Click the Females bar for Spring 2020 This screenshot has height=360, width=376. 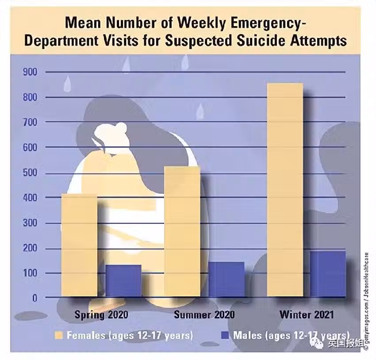point(79,245)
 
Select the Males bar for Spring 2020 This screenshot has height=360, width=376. point(123,281)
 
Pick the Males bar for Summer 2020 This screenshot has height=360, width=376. point(226,280)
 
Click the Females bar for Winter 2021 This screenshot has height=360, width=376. point(284,190)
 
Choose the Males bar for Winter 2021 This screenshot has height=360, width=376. point(328,274)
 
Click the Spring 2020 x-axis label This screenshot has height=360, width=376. point(101,315)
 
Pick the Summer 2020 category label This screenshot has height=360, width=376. point(204,315)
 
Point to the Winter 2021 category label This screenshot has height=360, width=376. point(307,315)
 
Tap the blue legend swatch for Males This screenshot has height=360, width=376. point(225,335)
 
